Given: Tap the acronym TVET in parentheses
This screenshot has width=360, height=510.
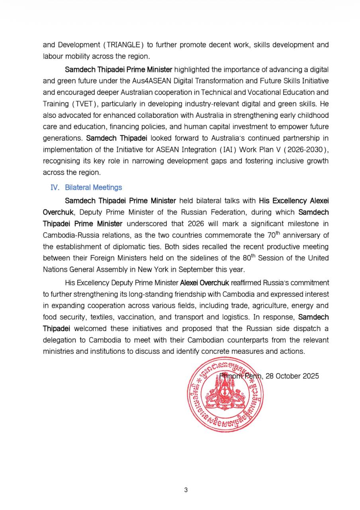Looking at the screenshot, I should click(84, 104).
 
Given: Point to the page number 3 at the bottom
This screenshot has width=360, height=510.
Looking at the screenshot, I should click(186, 490).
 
